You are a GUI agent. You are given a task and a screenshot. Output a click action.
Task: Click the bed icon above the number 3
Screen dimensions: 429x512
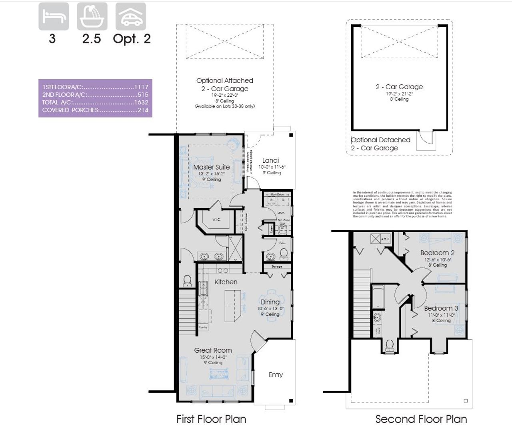[54, 16]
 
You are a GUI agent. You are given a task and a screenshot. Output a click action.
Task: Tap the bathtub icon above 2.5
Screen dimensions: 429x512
[92, 16]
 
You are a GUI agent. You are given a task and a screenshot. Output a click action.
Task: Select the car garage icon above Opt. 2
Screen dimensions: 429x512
[131, 16]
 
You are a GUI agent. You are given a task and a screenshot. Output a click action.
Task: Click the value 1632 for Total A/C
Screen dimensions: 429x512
[141, 102]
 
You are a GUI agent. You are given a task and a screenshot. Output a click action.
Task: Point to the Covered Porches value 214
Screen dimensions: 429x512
[143, 110]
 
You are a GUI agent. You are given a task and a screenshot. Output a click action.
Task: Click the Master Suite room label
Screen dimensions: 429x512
[212, 167]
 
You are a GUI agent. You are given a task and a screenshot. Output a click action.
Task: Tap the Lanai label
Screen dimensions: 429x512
[270, 161]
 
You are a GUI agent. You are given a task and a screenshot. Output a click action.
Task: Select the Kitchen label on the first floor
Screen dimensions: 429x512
[226, 282]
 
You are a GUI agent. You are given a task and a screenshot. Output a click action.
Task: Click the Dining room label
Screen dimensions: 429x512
[270, 302]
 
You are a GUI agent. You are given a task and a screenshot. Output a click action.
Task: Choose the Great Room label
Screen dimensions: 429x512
[213, 350]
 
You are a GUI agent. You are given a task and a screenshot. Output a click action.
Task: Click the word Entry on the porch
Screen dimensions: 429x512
[276, 375]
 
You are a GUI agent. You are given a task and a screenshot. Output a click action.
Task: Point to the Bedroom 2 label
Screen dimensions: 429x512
[437, 253]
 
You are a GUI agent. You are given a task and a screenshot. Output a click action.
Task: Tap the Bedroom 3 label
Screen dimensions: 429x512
[441, 308]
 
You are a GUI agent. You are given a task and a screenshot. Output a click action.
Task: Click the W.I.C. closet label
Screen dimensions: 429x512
[216, 219]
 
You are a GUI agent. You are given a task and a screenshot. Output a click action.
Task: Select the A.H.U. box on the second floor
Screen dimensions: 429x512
[385, 239]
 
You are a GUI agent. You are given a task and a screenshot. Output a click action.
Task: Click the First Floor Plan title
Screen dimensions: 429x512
[211, 419]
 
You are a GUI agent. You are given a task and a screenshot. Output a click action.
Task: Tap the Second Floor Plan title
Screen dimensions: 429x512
[421, 419]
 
